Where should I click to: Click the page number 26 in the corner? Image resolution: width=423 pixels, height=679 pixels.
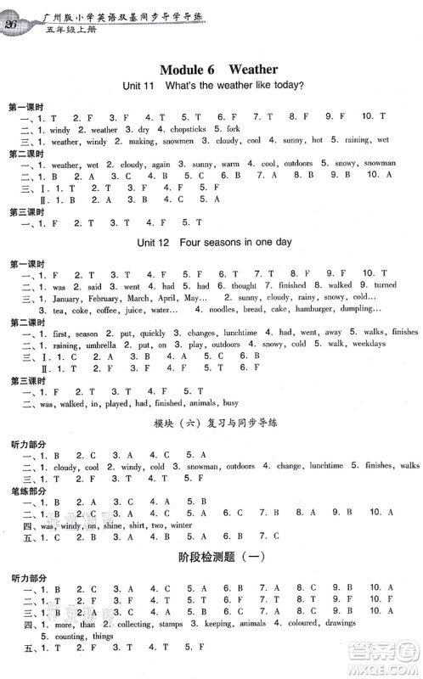pos(13,23)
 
